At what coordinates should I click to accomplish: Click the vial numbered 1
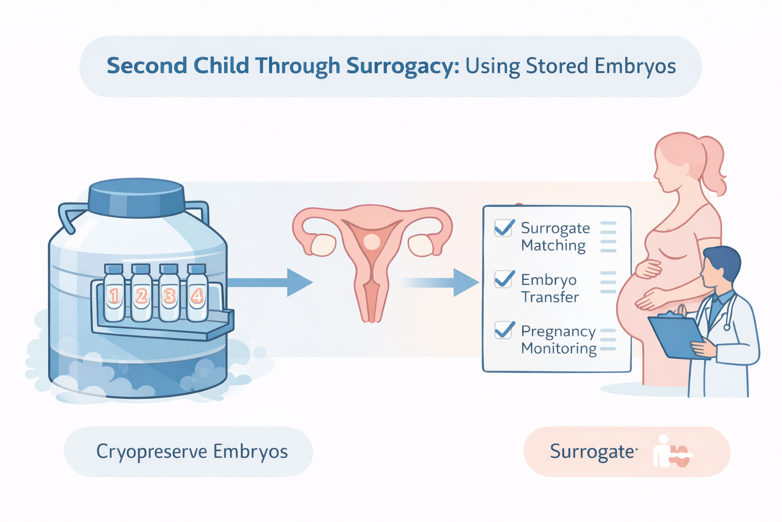coord(114,295)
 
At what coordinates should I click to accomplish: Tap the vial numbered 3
coord(169,295)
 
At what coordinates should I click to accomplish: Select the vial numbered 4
coord(197,295)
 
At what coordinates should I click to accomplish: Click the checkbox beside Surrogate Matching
coord(504,228)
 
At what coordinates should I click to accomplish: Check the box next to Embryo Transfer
coord(504,279)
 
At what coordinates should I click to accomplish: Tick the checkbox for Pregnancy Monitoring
coord(504,330)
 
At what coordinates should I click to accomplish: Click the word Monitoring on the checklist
coord(558,349)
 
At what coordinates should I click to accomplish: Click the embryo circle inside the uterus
coord(372,242)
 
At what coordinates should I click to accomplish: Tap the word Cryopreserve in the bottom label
coord(152,452)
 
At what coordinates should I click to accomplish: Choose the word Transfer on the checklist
coord(550,297)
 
